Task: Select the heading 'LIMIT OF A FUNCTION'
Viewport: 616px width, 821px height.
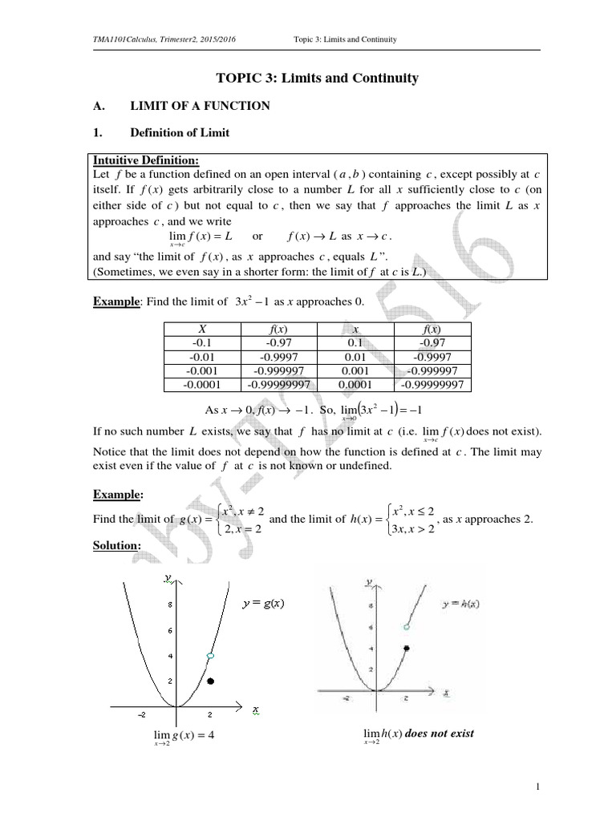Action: click(x=202, y=106)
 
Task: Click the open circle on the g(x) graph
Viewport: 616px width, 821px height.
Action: click(x=210, y=657)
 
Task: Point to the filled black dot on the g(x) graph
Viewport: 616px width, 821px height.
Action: click(x=210, y=681)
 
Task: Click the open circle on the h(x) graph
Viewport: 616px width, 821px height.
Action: click(x=407, y=626)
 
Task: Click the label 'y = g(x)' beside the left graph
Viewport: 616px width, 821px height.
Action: click(x=267, y=604)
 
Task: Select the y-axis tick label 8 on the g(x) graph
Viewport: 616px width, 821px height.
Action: click(x=169, y=606)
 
